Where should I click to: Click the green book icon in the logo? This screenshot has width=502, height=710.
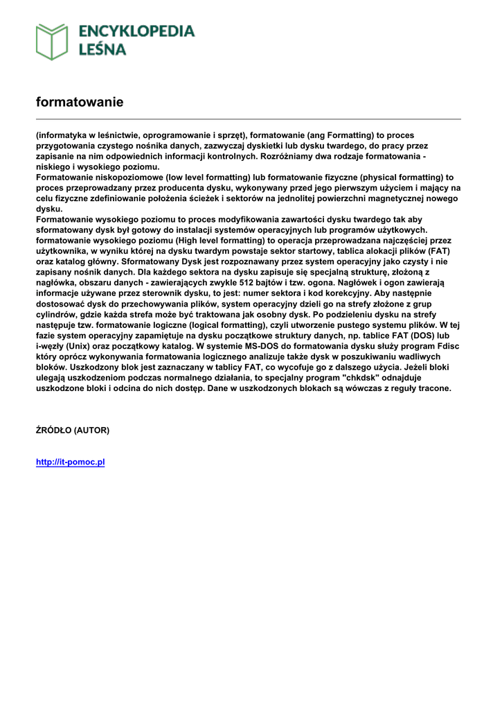(52, 41)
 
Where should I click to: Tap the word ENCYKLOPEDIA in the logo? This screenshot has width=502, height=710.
(136, 31)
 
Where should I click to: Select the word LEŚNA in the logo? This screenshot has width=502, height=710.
(102, 50)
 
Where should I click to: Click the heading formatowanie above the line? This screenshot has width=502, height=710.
(80, 102)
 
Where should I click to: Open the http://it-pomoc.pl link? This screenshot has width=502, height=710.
(70, 462)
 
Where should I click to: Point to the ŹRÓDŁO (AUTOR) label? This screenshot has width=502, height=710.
(72, 430)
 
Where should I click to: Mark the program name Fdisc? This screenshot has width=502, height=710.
(448, 346)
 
